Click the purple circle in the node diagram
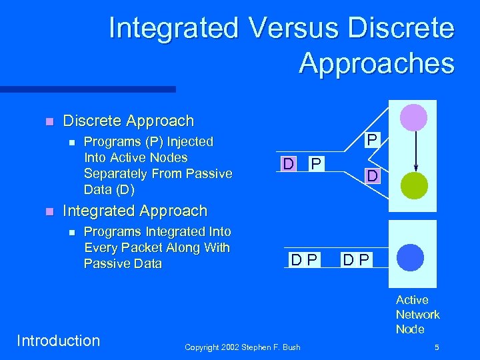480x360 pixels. [x=413, y=117]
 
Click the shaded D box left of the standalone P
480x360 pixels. [x=287, y=163]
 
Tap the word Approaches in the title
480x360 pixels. [x=377, y=64]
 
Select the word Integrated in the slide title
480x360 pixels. [x=173, y=29]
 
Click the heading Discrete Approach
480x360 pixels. [x=128, y=121]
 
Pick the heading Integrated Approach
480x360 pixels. [x=135, y=211]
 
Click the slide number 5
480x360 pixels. [x=436, y=347]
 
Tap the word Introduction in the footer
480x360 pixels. [x=58, y=341]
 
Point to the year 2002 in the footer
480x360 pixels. [x=231, y=347]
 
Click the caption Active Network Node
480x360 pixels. [x=417, y=315]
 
